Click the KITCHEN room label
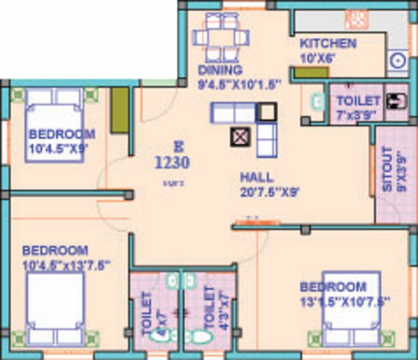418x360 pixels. point(328,44)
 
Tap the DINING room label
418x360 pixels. point(220,70)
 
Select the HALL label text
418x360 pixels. point(257,177)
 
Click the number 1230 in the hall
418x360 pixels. point(172,163)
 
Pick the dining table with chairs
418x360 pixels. point(221,37)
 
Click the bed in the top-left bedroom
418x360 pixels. point(54,125)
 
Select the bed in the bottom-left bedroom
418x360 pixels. point(55,308)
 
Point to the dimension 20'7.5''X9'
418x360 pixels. point(270,191)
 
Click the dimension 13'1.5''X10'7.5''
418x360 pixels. point(346,301)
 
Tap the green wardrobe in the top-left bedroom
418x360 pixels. point(120,110)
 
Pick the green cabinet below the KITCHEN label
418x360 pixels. point(311,73)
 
